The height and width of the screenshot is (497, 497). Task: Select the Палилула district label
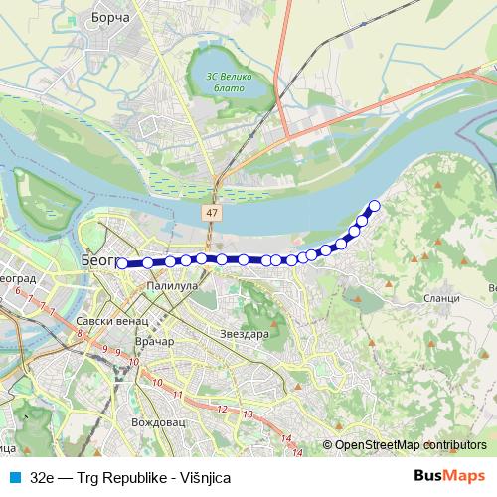coord(172,286)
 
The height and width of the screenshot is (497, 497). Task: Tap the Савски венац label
coord(111,323)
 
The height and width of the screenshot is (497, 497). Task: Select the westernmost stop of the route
coord(122,264)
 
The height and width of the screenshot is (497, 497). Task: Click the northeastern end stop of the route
coord(375,206)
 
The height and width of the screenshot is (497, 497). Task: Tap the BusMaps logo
coord(449,476)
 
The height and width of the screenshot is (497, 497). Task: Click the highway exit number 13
coord(248,412)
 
